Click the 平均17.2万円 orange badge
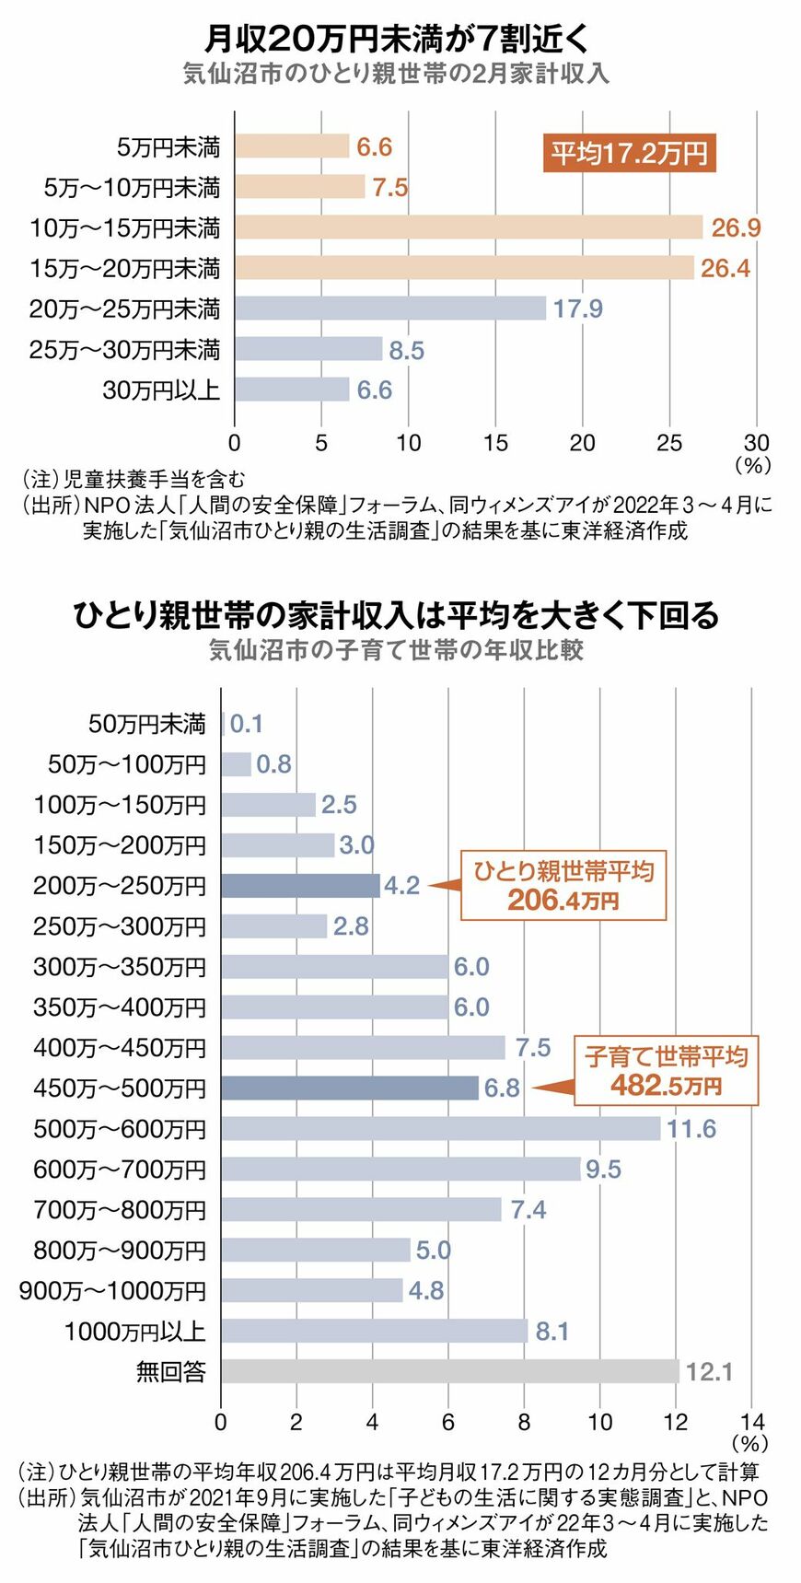(629, 153)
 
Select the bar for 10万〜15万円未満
(468, 227)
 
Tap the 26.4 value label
(725, 268)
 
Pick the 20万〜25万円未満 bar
(389, 308)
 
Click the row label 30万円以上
(161, 390)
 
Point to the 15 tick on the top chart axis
(495, 443)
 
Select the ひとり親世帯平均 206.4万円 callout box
(563, 885)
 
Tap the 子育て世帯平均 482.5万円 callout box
(666, 1070)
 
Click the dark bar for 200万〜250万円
(300, 886)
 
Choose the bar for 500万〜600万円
(440, 1129)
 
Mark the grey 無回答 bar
(449, 1372)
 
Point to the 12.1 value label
(709, 1372)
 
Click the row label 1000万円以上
(134, 1332)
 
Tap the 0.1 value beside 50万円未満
(247, 724)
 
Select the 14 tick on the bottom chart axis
(751, 1422)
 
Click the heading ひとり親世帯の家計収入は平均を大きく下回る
(396, 615)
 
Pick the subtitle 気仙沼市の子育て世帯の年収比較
(396, 650)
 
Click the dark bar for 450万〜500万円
(349, 1088)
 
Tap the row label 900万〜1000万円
(112, 1291)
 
